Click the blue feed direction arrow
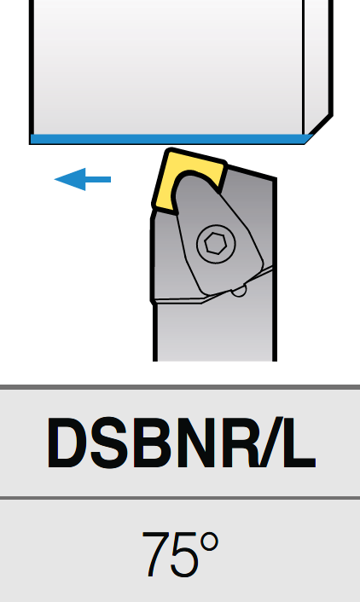(83, 179)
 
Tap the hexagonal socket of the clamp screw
(215, 244)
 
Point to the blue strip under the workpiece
(169, 139)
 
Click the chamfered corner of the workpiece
(319, 129)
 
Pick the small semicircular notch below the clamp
(239, 292)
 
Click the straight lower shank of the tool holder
(215, 330)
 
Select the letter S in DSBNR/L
(110, 443)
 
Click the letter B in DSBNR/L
(153, 443)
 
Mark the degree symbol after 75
(209, 542)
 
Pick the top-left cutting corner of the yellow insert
(168, 151)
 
